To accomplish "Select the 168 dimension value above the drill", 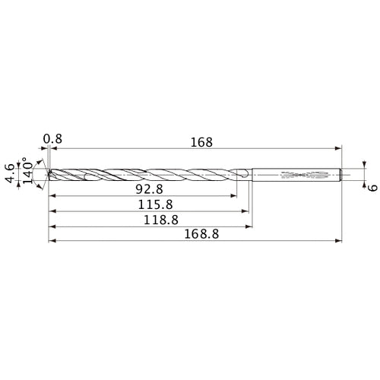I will (202, 142).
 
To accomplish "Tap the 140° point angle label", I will (27, 174).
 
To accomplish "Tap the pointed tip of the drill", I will (48, 175).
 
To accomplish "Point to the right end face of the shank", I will (341, 175).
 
